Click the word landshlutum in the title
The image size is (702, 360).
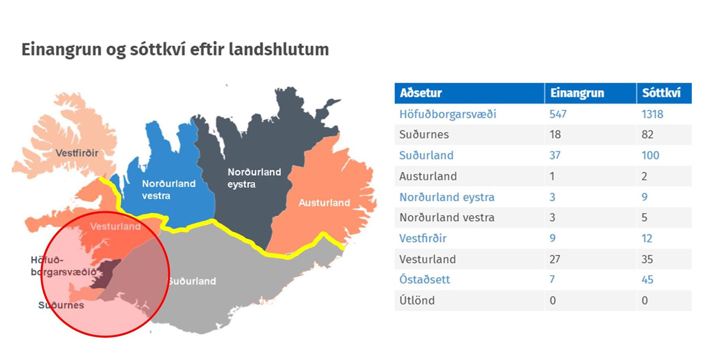coord(279,50)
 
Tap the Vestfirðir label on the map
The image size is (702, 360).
coord(77,153)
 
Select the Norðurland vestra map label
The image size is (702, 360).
coord(169,189)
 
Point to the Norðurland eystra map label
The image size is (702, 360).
coord(254,178)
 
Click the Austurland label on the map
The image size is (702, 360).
coord(324,203)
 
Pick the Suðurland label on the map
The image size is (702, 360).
coord(192,281)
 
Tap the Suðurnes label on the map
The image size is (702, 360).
coord(61,305)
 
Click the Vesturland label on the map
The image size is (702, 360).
coord(115,226)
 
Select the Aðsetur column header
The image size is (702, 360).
coord(421,93)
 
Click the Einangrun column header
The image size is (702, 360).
coord(577,93)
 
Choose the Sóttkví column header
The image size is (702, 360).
coord(661,93)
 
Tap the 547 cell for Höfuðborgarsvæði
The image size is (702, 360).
coord(558,114)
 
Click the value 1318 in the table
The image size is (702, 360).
coord(652,114)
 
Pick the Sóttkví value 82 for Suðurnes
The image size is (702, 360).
coord(647,134)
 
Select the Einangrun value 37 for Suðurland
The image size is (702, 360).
coord(555,155)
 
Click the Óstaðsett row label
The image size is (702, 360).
coord(425,279)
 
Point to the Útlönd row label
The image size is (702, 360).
coord(417,300)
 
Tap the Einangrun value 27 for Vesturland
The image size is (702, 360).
coord(555,259)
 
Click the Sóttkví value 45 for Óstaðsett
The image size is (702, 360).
coord(647,279)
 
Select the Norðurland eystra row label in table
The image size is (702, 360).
coord(447,197)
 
